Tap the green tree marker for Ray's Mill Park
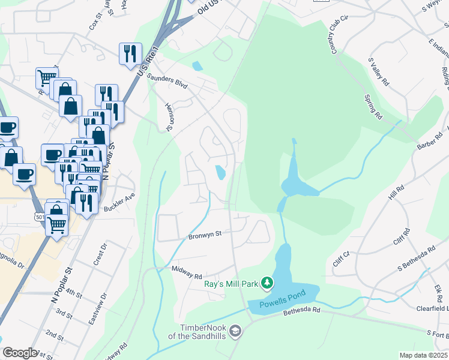point(268,283)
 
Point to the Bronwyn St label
point(206,236)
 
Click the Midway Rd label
point(187,273)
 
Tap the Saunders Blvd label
point(170,82)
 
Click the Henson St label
point(170,117)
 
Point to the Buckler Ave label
point(120,202)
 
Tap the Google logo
point(20,353)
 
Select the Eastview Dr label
point(97,310)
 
